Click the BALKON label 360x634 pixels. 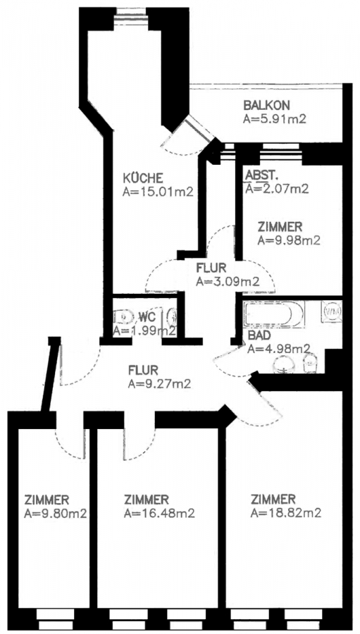point(266,106)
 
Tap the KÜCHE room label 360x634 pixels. point(142,178)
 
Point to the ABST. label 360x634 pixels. point(261,175)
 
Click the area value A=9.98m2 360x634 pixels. point(289,241)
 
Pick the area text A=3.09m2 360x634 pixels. point(227,281)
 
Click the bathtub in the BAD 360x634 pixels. point(273,313)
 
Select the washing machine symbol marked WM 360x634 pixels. point(332,311)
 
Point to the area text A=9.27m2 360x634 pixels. point(159,384)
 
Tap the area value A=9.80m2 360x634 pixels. point(56,514)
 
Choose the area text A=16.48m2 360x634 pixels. point(159,514)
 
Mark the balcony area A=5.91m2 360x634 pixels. point(273,119)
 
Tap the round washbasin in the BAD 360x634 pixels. point(285,364)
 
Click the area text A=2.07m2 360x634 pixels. point(277,189)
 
